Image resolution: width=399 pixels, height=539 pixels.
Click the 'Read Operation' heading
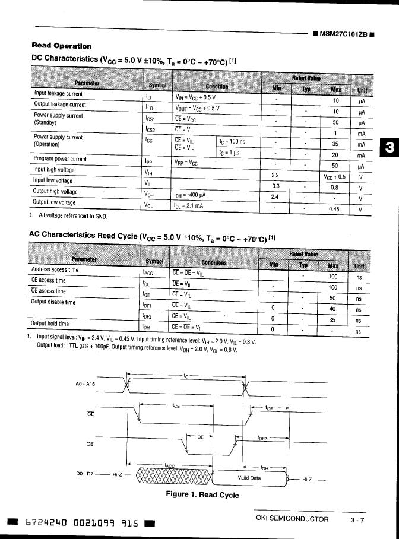tap(61, 46)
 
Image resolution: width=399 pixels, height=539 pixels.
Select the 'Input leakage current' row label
tap(58, 94)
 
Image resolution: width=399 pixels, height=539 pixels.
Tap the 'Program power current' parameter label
tap(61, 159)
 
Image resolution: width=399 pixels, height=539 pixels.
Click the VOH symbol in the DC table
tap(150, 194)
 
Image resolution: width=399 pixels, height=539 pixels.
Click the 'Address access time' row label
tap(55, 269)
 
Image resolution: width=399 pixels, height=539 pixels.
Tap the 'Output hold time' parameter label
tap(50, 324)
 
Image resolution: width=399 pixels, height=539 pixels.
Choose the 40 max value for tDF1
tap(333, 309)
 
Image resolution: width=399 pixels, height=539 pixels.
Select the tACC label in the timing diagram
tap(169, 465)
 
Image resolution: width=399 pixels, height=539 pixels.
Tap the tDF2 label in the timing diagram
tap(262, 439)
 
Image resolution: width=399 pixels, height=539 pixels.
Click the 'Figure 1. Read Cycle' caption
tap(202, 494)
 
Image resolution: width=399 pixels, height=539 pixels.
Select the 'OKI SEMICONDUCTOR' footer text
tap(292, 519)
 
